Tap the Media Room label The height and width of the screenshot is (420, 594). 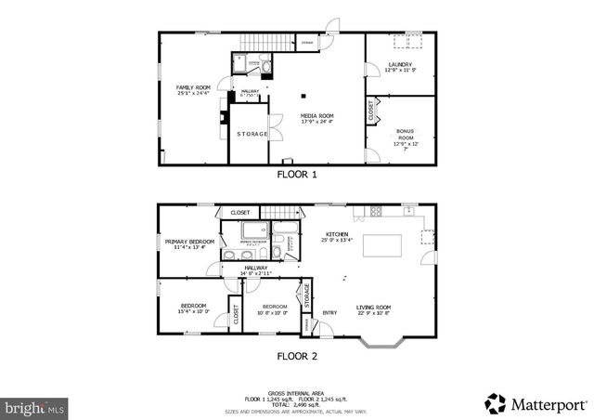316,118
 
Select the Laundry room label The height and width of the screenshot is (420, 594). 400,67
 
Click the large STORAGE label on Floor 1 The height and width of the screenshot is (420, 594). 252,134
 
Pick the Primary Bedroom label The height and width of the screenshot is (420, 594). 189,244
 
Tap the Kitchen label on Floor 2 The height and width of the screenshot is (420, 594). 337,237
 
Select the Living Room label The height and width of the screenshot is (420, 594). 373,310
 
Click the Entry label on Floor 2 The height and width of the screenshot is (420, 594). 329,312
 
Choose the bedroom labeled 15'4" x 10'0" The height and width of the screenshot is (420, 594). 193,309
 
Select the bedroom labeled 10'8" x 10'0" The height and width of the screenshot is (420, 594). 274,309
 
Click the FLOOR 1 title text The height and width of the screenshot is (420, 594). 297,174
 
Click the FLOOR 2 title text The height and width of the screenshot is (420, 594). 297,355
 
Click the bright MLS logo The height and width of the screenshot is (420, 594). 34,407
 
